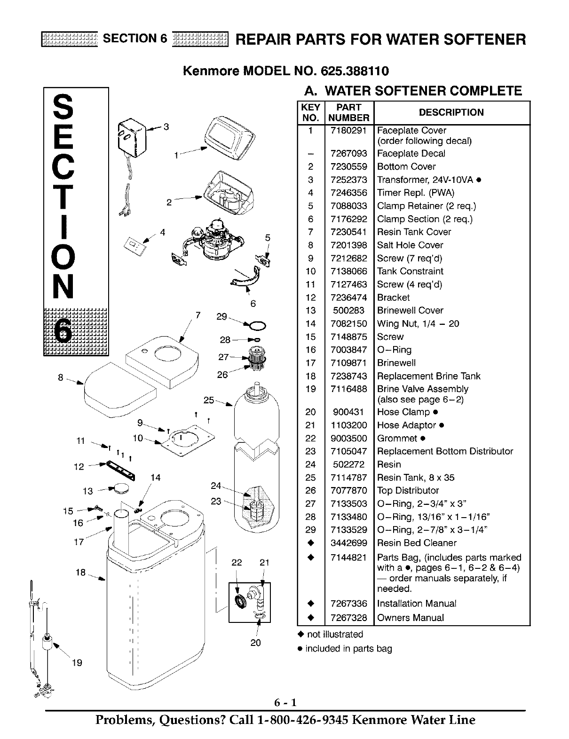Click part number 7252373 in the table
(x=348, y=180)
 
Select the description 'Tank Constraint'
(x=410, y=271)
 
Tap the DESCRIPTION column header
(x=451, y=112)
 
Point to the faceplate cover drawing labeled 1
(x=229, y=138)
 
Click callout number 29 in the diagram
(x=221, y=317)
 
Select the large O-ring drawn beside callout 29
(x=257, y=326)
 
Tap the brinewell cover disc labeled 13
(x=121, y=489)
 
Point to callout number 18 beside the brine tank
(x=80, y=573)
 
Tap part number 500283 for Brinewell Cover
(x=348, y=310)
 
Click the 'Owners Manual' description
(x=411, y=618)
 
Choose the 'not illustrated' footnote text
(x=335, y=634)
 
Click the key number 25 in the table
(x=310, y=478)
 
